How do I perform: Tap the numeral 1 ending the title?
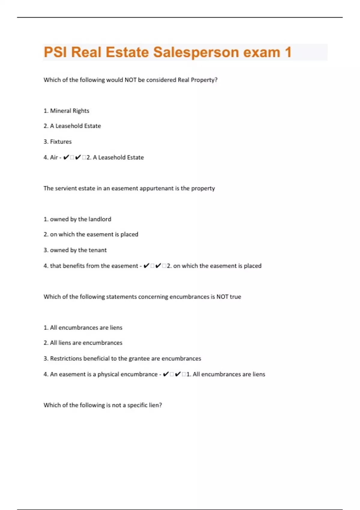[288, 52]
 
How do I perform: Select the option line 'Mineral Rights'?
[66, 111]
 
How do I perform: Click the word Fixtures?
[61, 142]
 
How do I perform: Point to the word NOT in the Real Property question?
[130, 80]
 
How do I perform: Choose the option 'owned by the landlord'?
[77, 219]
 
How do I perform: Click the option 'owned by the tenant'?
[75, 250]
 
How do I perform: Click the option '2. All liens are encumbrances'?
[83, 343]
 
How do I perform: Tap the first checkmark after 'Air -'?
[66, 157]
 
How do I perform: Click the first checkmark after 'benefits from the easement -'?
[146, 266]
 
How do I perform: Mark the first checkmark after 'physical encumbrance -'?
[166, 374]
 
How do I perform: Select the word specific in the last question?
[137, 405]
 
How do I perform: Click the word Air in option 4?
[54, 157]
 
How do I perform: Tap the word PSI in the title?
[55, 52]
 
